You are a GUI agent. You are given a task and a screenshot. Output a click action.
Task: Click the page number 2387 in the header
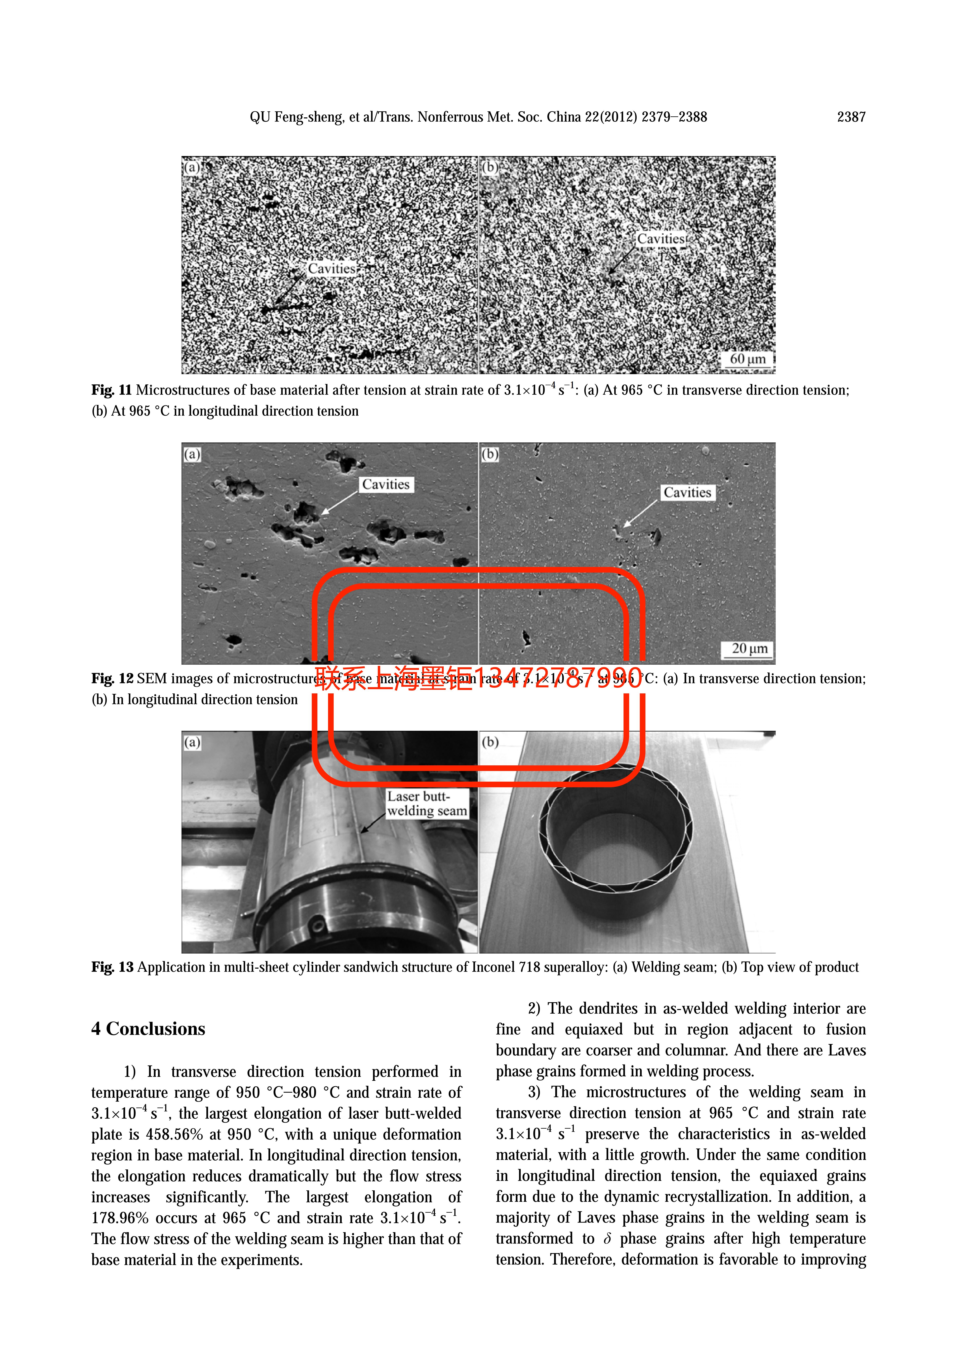click(x=851, y=117)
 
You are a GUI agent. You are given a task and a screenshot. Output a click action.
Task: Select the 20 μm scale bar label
click(x=749, y=649)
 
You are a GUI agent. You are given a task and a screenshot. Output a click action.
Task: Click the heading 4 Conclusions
click(x=148, y=1029)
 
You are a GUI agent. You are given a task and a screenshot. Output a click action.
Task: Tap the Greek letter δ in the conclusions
click(x=607, y=1239)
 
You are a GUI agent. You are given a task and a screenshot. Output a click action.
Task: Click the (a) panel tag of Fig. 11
click(x=192, y=167)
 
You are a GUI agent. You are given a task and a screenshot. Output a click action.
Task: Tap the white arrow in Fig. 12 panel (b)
click(x=640, y=513)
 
